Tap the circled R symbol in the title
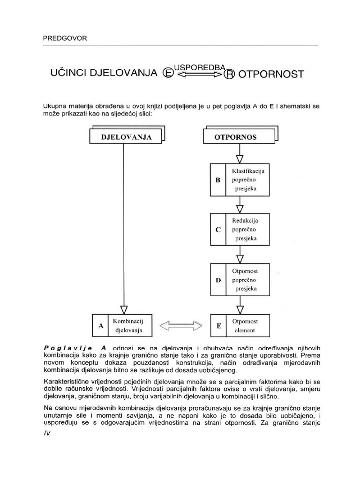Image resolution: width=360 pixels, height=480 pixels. (x=229, y=75)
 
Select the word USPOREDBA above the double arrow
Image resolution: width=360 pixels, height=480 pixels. (x=197, y=67)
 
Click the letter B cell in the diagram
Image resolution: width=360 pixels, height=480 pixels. (x=217, y=180)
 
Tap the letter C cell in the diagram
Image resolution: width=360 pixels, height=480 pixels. (x=217, y=229)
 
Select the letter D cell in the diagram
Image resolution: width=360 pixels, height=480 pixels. (x=217, y=280)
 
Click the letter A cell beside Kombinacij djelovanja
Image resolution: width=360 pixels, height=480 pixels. (x=101, y=326)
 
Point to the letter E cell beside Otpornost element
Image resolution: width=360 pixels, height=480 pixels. (x=218, y=326)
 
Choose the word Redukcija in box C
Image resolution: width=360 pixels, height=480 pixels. (x=245, y=220)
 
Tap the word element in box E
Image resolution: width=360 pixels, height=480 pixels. (x=244, y=330)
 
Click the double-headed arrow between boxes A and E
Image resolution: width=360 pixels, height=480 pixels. (x=181, y=326)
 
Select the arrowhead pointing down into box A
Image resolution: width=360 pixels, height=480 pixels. (x=124, y=309)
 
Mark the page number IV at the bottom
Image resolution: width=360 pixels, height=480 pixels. (x=47, y=433)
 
